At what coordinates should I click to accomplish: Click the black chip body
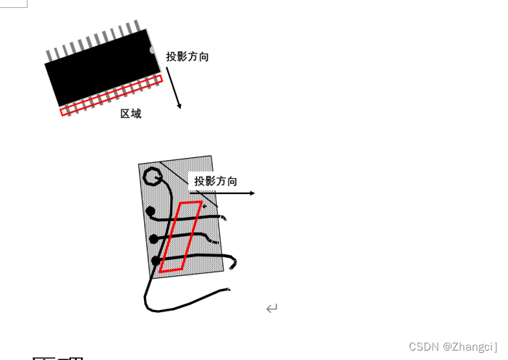101,69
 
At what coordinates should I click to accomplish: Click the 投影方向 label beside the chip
187,56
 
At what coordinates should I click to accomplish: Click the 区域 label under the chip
131,114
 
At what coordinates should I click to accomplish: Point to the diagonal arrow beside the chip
173,88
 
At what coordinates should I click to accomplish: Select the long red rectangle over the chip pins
111,95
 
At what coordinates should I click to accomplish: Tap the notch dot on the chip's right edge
152,50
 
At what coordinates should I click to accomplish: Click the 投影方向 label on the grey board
216,181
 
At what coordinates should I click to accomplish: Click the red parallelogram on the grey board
181,236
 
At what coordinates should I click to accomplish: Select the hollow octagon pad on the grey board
152,176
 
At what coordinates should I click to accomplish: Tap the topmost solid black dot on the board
151,212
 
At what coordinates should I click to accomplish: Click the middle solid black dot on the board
153,238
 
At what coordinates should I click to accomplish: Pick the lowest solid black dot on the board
156,261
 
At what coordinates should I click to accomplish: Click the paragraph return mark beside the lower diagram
271,309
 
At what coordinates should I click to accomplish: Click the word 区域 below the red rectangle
131,114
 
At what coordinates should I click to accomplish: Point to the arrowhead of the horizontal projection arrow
253,193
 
